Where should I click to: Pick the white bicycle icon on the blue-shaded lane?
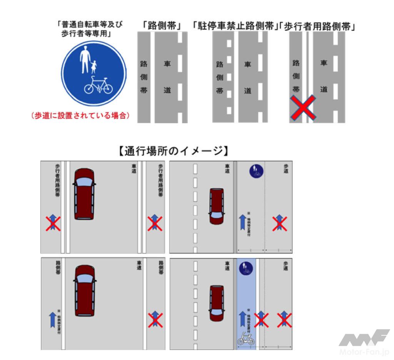pos(245,338)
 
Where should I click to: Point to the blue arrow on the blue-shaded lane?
pos(242,318)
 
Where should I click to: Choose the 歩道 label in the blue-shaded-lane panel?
pos(285,266)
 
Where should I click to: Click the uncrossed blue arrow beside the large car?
pos(52,319)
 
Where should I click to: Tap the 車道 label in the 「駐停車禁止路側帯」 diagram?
pos(248,77)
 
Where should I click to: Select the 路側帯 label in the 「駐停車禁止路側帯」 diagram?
pos(220,77)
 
